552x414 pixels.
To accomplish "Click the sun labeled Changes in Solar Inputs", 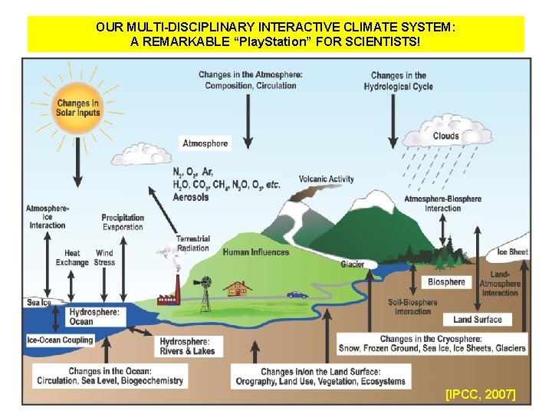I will pos(77,108).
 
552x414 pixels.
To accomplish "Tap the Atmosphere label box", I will pos(205,143).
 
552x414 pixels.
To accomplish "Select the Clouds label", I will pos(445,136).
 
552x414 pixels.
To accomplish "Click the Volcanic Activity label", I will pos(327,179).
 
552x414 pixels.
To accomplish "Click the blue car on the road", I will pos(296,294).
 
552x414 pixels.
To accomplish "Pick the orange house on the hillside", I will pos(238,288).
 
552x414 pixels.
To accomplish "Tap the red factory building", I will pos(169,297).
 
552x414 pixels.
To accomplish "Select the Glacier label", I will pos(353,264).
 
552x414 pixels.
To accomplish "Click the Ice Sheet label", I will pos(512,251).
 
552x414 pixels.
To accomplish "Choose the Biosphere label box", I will pos(446,281).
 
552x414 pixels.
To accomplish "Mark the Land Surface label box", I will pos(478,319).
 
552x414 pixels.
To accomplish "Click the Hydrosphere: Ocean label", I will pos(94,317).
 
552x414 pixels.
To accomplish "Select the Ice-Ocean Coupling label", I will pos(60,340).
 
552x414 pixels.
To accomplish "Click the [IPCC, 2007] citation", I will pos(481,394).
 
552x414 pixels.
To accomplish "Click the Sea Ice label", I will pos(39,302).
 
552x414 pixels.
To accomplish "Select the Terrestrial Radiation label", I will pos(192,244).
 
